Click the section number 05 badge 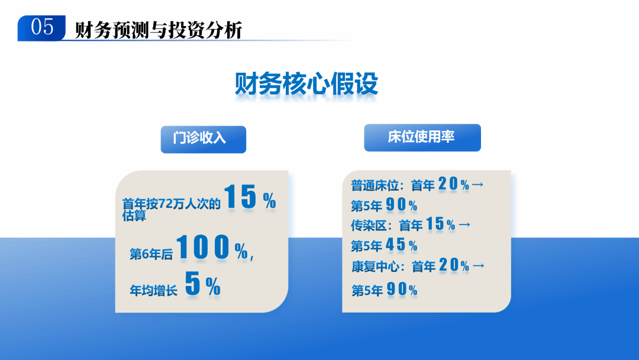tap(41, 28)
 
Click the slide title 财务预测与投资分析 tap(159, 30)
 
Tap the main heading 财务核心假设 tap(306, 85)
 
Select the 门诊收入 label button tap(203, 139)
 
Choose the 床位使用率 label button tap(422, 137)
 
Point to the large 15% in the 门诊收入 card tap(250, 198)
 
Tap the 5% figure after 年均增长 tap(202, 285)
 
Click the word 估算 tap(134, 216)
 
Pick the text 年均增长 tap(153, 291)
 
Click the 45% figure tap(402, 245)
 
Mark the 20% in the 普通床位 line tap(454, 185)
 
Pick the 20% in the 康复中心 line tap(454, 265)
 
